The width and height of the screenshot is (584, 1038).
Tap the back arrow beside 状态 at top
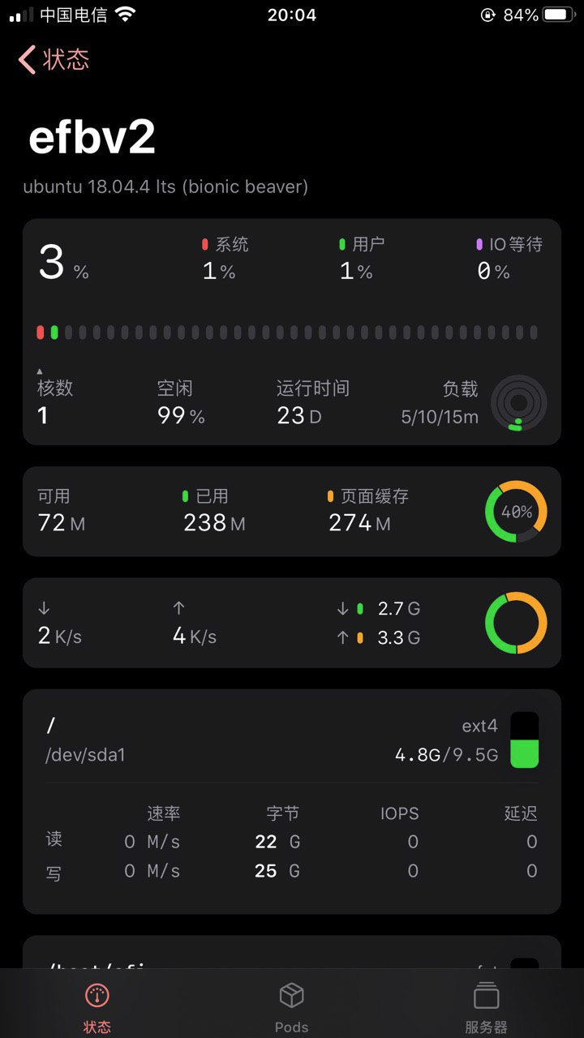coord(28,59)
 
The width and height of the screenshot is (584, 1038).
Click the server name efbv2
coord(92,138)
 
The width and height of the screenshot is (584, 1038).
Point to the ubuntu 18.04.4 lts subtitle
coord(165,187)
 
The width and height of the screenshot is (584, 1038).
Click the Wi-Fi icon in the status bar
coord(125,15)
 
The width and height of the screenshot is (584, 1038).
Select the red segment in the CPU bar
coord(41,332)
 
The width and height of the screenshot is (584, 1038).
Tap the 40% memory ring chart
coord(516,512)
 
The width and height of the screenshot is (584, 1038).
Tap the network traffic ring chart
coord(516,623)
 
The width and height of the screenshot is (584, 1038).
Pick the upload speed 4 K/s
coord(195,636)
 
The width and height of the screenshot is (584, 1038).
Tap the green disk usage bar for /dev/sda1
coord(524,753)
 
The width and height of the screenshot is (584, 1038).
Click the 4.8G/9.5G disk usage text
coord(446,755)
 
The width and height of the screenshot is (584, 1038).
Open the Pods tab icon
coord(291,995)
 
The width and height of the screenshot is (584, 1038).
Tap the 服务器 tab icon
coord(486,995)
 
